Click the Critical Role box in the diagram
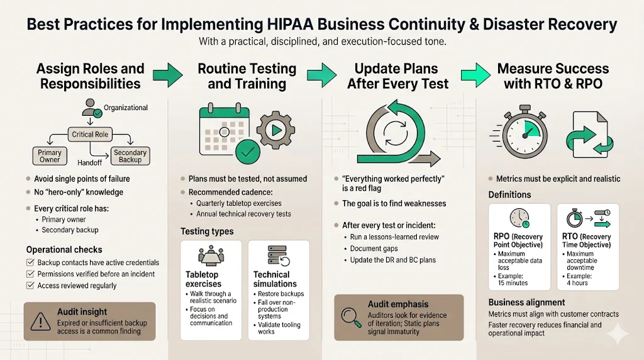click(x=91, y=135)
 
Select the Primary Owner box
click(x=50, y=156)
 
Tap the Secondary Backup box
click(x=130, y=156)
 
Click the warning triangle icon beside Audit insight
click(x=40, y=322)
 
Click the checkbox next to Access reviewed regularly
click(x=30, y=286)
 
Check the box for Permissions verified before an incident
click(x=30, y=274)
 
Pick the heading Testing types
click(x=207, y=232)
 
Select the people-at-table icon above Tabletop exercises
click(x=211, y=257)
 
